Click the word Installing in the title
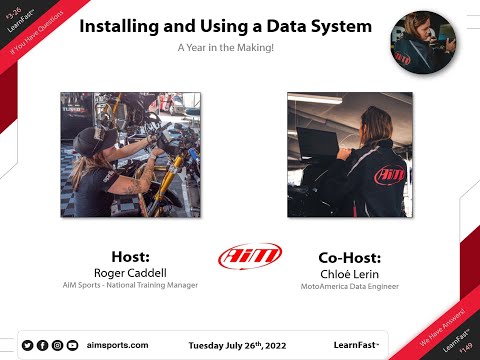coord(129,26)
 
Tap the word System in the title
coord(334,26)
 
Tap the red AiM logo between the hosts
coord(243,257)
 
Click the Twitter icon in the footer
coord(27,345)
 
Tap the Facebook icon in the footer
coord(42,345)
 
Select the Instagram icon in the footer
coord(57,345)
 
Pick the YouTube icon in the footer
coord(72,345)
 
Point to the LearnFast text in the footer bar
coord(355,345)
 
